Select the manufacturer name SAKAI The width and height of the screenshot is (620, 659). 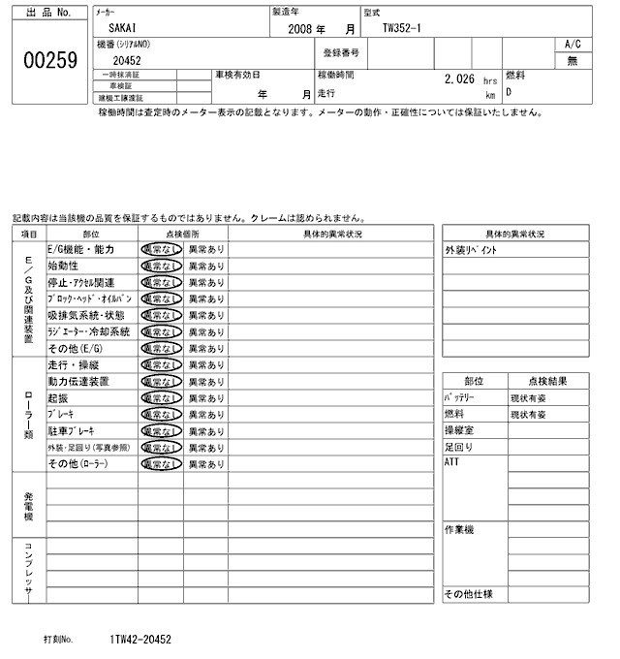122,29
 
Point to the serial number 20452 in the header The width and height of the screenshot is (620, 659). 127,60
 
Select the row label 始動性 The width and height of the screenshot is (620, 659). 63,266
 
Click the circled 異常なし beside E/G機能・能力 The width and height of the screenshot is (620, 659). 160,249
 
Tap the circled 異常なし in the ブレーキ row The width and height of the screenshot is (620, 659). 160,414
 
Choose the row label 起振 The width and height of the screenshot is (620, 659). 57,398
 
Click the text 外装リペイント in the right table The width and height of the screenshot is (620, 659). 471,250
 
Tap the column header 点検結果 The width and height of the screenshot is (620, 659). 548,381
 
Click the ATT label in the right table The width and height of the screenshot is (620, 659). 451,462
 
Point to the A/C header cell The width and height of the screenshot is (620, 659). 572,44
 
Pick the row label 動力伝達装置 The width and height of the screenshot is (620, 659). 77,382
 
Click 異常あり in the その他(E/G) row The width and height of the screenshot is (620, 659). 204,348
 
